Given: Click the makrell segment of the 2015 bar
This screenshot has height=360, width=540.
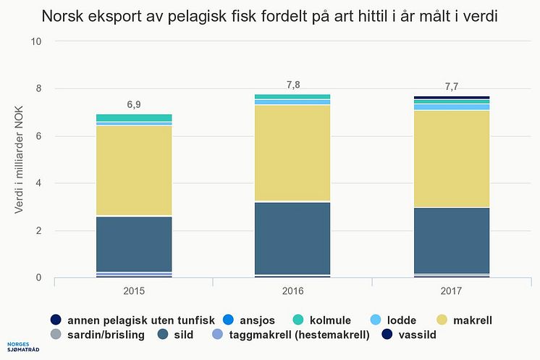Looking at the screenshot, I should (x=134, y=170).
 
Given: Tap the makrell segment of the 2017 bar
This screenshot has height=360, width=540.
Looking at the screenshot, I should (x=452, y=159).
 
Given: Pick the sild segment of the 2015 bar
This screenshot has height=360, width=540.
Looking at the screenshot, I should (x=134, y=243).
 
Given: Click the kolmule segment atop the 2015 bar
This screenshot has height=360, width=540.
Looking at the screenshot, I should (x=134, y=117).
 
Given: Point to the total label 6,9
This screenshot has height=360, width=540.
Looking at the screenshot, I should (x=134, y=104).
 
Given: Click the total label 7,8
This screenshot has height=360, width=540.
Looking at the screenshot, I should (x=293, y=85).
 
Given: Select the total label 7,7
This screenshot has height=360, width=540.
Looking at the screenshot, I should (x=452, y=87).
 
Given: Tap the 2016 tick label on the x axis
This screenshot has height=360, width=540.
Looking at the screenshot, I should (x=293, y=291).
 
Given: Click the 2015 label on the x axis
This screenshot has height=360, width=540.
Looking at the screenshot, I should (x=134, y=291).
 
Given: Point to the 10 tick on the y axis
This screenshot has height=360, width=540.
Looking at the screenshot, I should (x=37, y=41).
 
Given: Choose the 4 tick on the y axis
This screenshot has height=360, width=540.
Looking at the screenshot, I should (x=39, y=183).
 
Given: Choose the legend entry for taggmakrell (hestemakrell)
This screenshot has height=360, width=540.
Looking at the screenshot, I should (x=292, y=335).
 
